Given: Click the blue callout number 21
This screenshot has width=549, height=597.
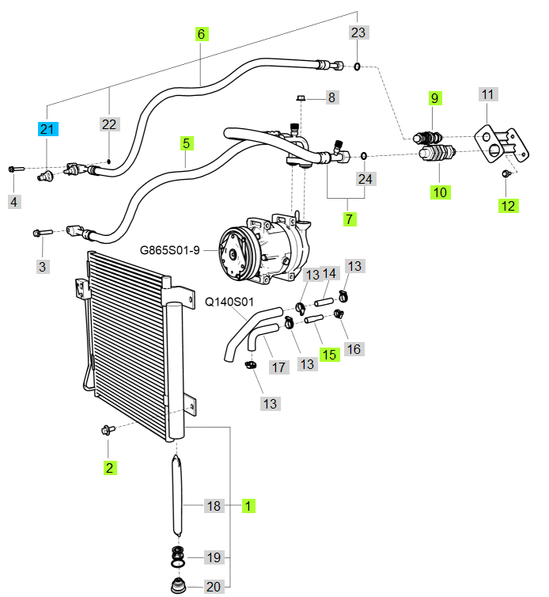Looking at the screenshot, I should (x=47, y=128).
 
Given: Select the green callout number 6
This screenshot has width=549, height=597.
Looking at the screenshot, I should (x=201, y=34).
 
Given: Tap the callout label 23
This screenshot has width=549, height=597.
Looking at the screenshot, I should (x=359, y=32).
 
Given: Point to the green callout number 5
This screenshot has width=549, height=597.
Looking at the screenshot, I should (x=187, y=143).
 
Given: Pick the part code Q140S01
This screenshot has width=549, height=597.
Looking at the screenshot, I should (x=229, y=302).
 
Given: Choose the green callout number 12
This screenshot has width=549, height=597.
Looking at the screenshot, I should (x=508, y=206).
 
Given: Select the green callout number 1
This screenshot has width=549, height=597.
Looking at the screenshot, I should (x=248, y=505).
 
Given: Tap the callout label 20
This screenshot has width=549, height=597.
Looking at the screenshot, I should (x=214, y=587).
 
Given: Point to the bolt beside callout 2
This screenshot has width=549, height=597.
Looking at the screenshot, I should (x=108, y=430).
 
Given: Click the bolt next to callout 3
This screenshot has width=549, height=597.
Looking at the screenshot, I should (x=41, y=232).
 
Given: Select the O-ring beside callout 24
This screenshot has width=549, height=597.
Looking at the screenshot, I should (x=364, y=155).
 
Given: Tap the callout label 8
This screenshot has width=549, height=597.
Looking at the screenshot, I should (x=331, y=98).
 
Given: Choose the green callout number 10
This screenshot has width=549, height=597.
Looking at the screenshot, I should (x=439, y=192).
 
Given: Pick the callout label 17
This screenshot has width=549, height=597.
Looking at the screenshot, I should (x=278, y=367).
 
